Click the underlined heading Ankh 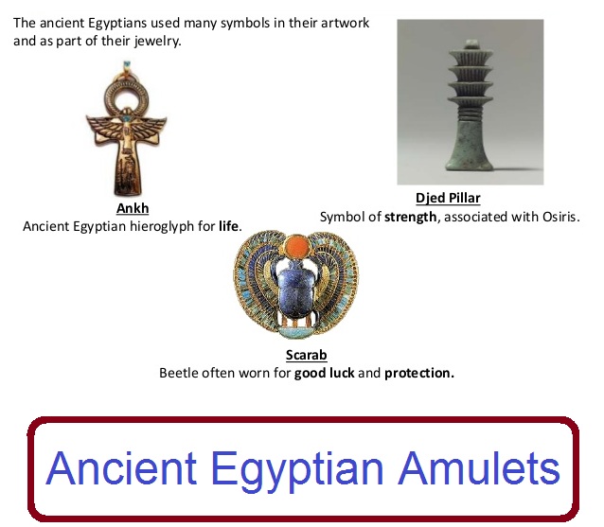133,209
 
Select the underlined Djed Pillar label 448,199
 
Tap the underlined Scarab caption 306,356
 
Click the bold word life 228,226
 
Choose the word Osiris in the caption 556,216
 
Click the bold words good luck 324,373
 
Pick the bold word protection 419,373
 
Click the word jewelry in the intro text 165,43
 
